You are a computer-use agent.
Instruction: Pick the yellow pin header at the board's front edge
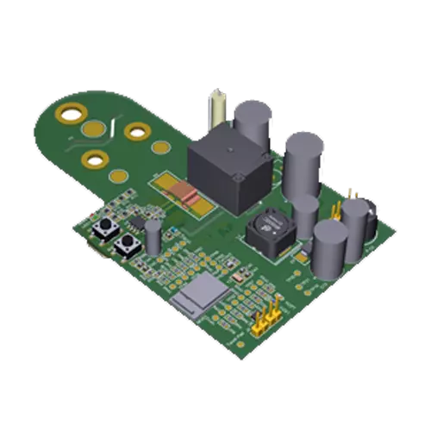point(265,319)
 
